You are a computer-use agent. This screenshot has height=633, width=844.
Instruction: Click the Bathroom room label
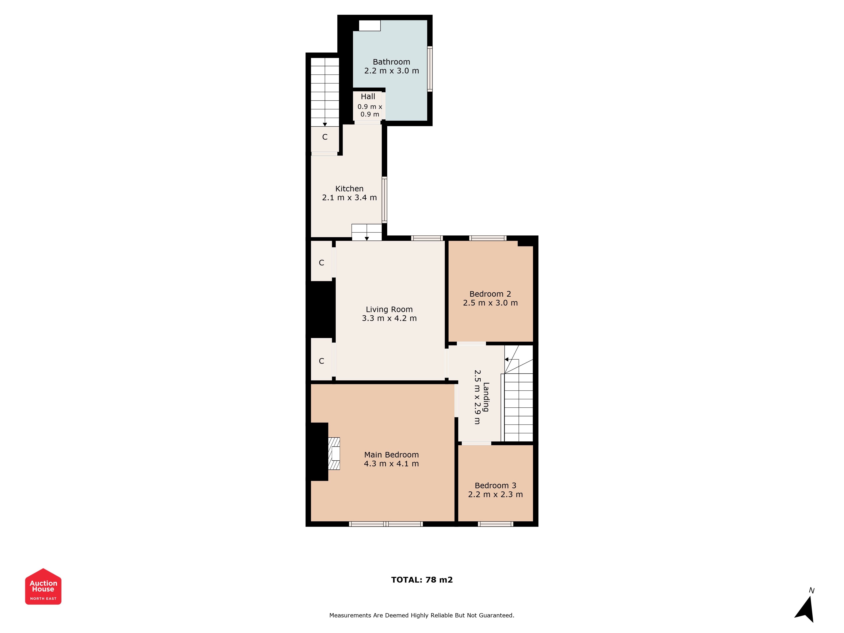(x=391, y=62)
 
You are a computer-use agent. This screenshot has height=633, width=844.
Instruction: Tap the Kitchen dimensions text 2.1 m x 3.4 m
(x=349, y=198)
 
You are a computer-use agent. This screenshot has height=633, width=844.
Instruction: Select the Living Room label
(x=389, y=310)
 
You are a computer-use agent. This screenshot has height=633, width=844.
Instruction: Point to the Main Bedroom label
(x=391, y=455)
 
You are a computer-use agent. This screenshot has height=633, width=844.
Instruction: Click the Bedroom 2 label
(x=490, y=294)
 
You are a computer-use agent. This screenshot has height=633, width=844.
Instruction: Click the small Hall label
(x=368, y=97)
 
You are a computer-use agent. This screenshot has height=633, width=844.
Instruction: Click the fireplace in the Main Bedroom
(x=334, y=453)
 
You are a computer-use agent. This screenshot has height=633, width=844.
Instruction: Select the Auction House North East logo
(x=43, y=586)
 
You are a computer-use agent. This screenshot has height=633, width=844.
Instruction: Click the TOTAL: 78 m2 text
(x=422, y=580)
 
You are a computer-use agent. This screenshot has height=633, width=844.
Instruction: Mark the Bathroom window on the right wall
(x=430, y=69)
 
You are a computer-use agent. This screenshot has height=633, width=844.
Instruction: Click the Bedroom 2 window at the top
(x=488, y=238)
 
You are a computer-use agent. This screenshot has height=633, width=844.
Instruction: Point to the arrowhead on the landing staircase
(x=506, y=359)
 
